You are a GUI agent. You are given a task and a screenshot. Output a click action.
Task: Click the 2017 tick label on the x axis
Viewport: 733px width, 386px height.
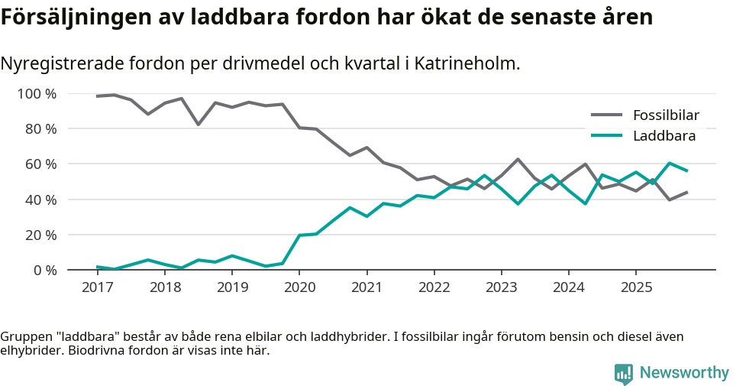coord(97,287)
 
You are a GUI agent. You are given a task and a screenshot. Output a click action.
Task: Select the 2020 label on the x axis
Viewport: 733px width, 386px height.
coord(299,287)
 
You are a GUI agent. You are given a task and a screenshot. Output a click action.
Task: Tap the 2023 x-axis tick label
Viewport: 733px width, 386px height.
coord(501,287)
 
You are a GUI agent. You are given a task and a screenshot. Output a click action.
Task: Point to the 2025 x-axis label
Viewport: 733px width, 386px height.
coord(635,287)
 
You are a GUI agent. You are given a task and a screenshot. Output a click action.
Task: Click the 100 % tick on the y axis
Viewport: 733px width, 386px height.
coord(37,94)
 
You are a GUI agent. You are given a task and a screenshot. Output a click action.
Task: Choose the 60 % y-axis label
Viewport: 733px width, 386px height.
coord(40,164)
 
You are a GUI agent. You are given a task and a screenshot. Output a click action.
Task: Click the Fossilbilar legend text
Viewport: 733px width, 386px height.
coord(666,115)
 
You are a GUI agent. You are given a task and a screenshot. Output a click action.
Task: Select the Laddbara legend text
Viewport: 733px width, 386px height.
coord(664,136)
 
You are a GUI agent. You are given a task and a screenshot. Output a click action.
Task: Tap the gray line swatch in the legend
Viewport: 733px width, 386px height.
coord(607,115)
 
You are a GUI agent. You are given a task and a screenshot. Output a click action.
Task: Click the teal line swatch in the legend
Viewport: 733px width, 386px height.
coord(607,136)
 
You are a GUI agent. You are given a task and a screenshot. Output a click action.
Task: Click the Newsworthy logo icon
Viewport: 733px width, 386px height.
coord(623,373)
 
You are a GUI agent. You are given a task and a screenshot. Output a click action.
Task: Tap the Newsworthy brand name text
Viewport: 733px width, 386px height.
coord(684,373)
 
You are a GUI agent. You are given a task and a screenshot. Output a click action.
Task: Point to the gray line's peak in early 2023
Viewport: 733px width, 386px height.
coord(518,159)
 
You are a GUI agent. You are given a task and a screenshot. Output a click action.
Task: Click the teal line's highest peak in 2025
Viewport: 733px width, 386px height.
coord(670,163)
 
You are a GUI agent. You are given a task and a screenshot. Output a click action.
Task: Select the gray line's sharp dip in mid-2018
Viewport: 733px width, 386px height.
coord(199,125)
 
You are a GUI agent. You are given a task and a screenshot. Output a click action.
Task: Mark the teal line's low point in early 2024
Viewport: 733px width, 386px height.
coord(586,203)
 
